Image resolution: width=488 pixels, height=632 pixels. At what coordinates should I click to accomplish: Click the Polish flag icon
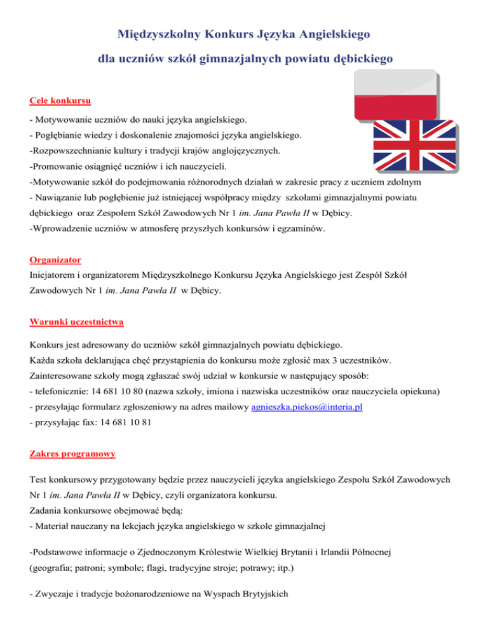[395, 95]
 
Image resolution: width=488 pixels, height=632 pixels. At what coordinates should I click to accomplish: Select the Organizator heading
[55, 260]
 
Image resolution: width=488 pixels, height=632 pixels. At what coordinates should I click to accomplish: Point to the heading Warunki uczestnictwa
[76, 322]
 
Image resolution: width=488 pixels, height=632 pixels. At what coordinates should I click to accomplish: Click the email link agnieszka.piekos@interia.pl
[307, 408]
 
